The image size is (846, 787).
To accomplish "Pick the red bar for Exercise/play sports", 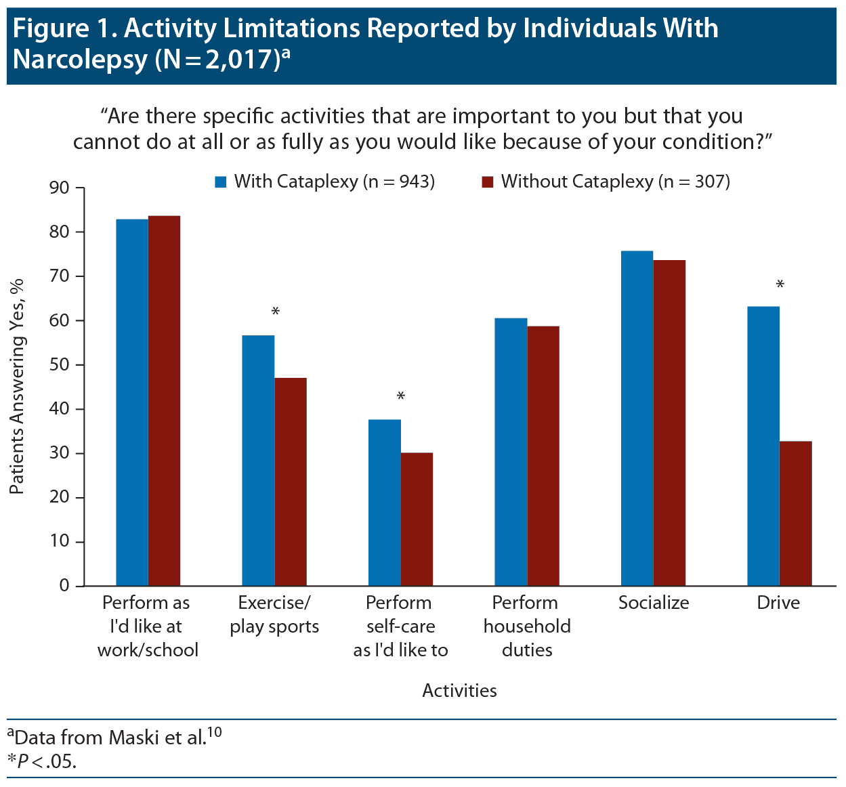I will (x=291, y=482).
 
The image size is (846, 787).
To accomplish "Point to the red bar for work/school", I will (x=165, y=400).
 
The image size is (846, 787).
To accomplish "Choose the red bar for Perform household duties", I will (x=543, y=456).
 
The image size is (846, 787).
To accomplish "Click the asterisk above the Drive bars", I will (x=780, y=285).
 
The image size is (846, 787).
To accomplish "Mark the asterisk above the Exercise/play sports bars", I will (x=275, y=312).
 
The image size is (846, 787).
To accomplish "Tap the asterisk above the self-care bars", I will (x=401, y=397).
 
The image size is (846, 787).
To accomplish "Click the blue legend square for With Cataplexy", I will (x=221, y=182).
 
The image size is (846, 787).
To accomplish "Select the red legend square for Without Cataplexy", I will (x=487, y=182).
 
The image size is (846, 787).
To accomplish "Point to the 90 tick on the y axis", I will (x=60, y=188).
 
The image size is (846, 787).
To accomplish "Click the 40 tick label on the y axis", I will (x=60, y=409).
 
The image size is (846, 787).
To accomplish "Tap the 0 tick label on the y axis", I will (x=64, y=586).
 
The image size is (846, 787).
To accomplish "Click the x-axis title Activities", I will (x=459, y=691).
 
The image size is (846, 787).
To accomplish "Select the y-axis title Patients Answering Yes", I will (x=17, y=386).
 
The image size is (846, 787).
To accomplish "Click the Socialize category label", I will (x=654, y=603).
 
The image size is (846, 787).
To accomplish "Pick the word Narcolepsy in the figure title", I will (x=80, y=60).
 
